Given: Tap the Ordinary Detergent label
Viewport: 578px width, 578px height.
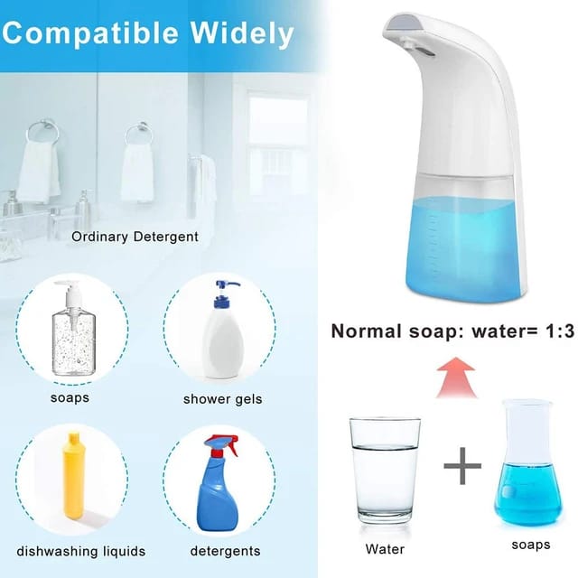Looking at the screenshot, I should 135,237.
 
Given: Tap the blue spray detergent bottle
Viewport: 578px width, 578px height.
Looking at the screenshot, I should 219,488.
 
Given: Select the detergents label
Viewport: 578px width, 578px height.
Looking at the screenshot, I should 225,551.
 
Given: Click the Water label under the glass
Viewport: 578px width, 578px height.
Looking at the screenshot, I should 385,548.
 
